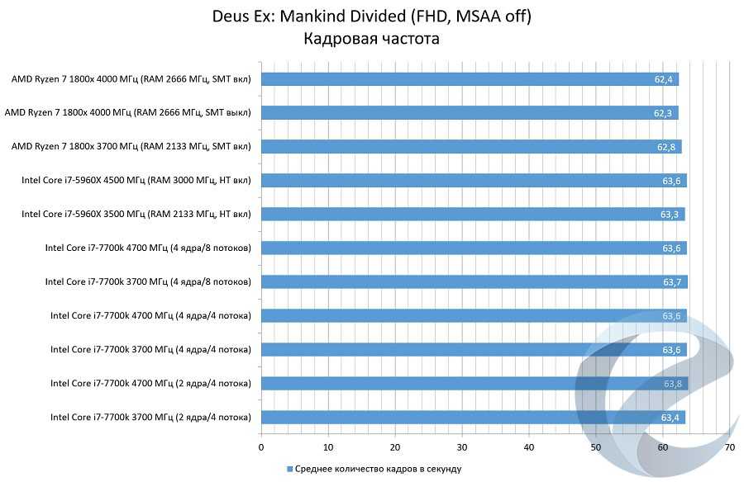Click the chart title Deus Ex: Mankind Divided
point(371,16)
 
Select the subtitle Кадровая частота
point(371,38)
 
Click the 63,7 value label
point(672,282)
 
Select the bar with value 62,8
point(471,147)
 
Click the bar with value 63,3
point(473,215)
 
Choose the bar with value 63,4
point(473,417)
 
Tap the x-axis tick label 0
point(261,447)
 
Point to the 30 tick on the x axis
point(462,447)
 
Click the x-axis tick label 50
point(596,447)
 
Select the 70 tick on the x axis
point(729,447)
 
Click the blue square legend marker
point(290,469)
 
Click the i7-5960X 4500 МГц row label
point(136,181)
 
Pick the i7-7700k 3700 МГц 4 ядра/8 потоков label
point(148,282)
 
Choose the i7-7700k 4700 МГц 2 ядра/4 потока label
point(150,383)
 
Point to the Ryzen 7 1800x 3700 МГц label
point(131,147)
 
